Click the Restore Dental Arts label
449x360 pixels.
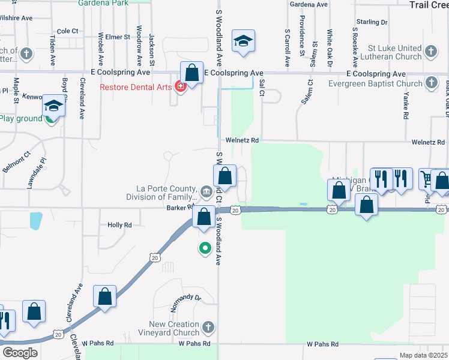coord(136,86)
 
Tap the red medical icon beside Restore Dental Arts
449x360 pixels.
coord(179,86)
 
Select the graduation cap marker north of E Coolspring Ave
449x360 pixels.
coord(243,41)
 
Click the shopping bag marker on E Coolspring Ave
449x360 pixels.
coord(191,73)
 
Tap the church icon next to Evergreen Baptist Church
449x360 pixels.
coord(431,83)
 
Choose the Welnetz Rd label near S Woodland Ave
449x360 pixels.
coord(242,140)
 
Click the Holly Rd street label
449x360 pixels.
coord(119,225)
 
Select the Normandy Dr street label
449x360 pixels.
coord(184,297)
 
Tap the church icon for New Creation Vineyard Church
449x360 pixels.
coord(208,328)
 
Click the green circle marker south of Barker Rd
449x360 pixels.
coord(205,247)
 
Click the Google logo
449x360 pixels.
coord(20,353)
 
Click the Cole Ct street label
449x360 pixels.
coord(68,31)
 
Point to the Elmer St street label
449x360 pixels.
coord(118,37)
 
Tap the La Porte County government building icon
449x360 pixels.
coord(206,192)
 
